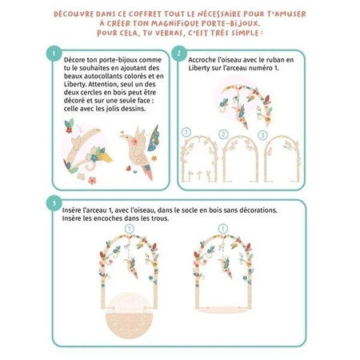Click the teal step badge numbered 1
54,54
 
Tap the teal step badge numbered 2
179,54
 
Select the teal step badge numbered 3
54,203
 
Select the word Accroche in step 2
201,60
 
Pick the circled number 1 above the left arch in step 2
186,132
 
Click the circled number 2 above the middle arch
223,134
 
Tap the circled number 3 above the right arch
262,135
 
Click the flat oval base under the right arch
222,310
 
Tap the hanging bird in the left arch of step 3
131,267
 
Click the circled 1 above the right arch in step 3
223,229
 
